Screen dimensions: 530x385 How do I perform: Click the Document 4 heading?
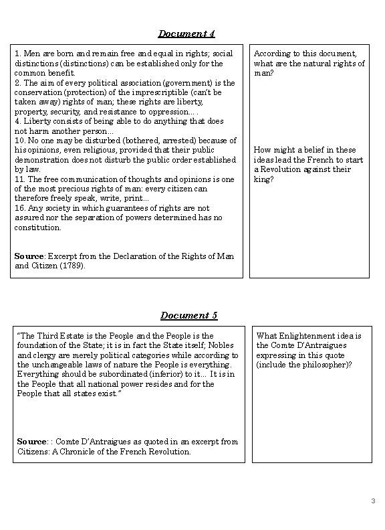[186, 33]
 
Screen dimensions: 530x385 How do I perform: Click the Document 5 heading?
[188, 315]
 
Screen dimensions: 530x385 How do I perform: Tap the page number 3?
[373, 501]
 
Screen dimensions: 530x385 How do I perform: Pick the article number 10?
[19, 141]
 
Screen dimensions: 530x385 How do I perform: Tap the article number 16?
[19, 208]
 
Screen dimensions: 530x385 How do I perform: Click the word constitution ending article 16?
[38, 228]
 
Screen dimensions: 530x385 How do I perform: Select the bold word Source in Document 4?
[29, 256]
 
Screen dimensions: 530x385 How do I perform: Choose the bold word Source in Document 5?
[31, 442]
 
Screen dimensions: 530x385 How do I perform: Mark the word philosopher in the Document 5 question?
[326, 365]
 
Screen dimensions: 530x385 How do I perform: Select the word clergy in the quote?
[45, 355]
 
